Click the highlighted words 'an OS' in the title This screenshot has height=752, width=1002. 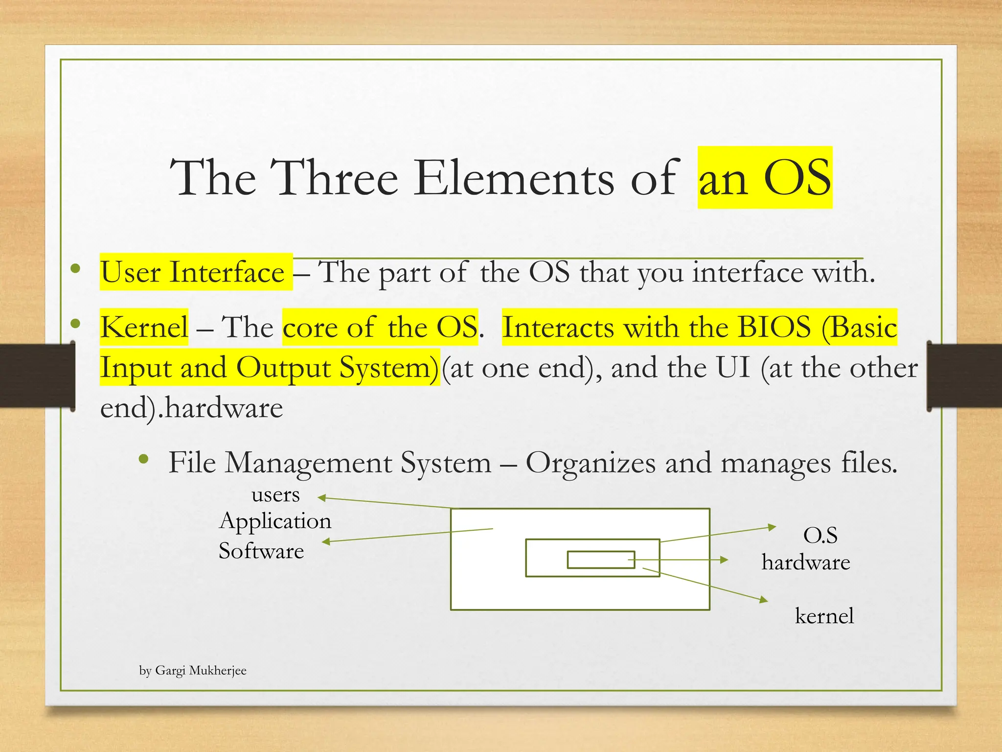(764, 178)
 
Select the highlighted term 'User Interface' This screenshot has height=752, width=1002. (193, 272)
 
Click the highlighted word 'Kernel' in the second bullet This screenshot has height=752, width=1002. (144, 327)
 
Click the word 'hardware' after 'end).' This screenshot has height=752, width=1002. (224, 408)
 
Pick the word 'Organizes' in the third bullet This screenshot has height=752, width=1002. (590, 462)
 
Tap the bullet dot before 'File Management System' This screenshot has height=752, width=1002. (143, 459)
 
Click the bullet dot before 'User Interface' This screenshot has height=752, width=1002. (75, 268)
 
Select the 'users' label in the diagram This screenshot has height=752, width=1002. (275, 494)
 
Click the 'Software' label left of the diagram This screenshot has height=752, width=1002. (261, 551)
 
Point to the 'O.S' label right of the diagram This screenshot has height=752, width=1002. (820, 535)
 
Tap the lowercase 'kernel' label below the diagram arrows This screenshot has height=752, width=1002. (824, 616)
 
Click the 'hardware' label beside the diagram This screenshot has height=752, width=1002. (806, 562)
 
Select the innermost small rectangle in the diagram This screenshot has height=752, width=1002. (601, 560)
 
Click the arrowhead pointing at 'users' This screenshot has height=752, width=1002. (322, 498)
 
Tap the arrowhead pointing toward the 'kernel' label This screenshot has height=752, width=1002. (764, 600)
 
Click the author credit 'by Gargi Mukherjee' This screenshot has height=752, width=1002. (193, 670)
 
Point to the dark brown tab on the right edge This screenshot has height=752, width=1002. (964, 376)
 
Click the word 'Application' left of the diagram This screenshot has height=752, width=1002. (275, 521)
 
